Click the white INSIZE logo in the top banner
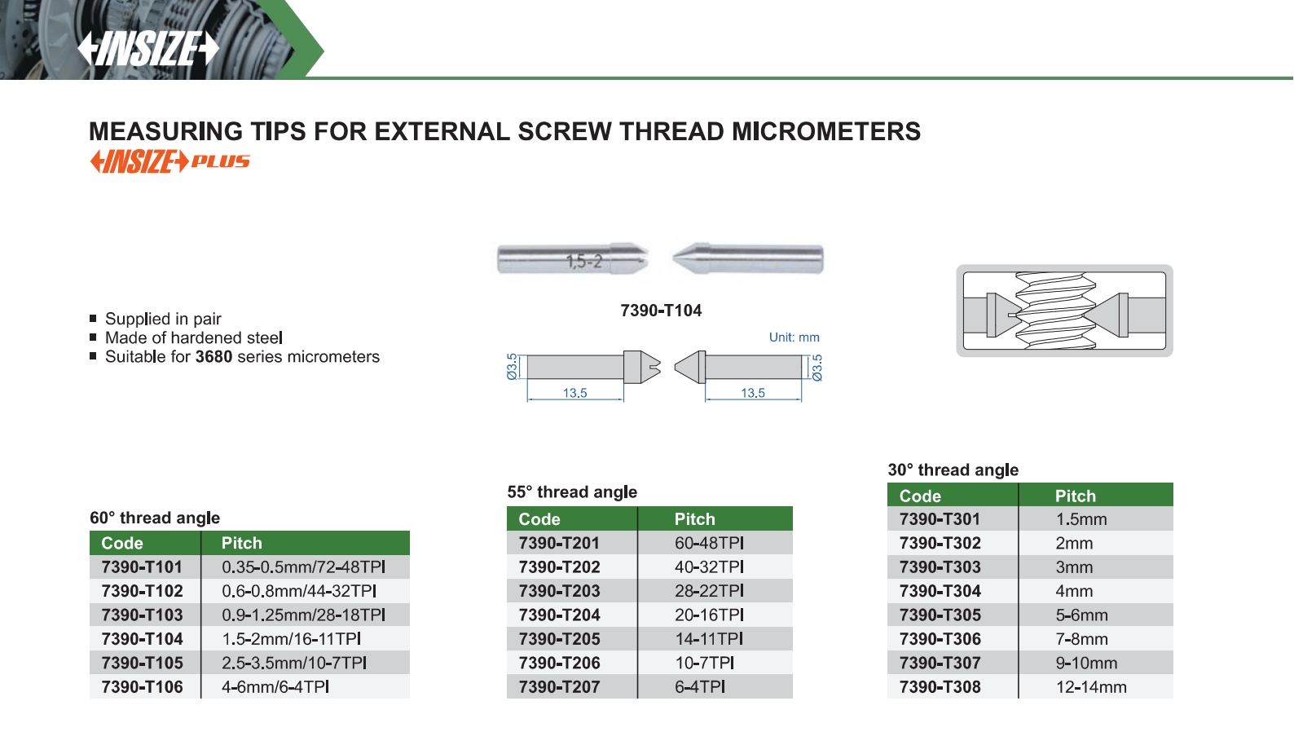coord(148,48)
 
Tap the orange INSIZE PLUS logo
coord(169,161)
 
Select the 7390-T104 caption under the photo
coord(661,311)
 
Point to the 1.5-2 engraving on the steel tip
coord(585,262)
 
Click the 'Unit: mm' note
coord(794,337)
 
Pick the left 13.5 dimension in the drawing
coord(575,393)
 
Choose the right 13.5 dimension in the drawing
coord(753,393)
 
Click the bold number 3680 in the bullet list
coord(213,357)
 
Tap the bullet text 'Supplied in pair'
coord(163,319)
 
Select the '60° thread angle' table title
coord(155,518)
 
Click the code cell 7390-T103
coord(143,615)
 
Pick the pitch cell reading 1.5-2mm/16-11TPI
coord(292,639)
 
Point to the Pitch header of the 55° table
coord(695,519)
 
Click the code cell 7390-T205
coord(560,639)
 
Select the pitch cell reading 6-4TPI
coord(700,687)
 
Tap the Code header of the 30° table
coord(920,496)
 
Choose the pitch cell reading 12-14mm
coord(1092,687)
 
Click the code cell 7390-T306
coord(940,639)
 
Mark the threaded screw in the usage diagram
coord(1056,311)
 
